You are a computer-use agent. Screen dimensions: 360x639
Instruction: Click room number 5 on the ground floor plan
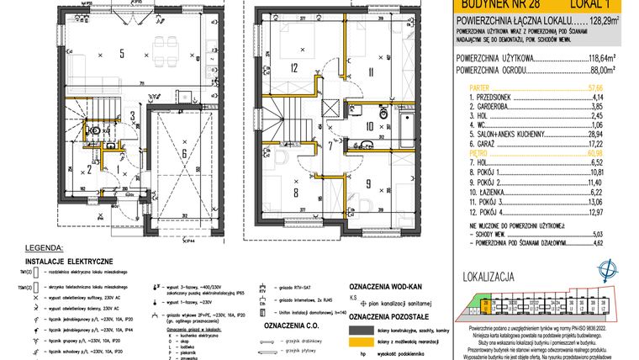pyautogui.click(x=122, y=54)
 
